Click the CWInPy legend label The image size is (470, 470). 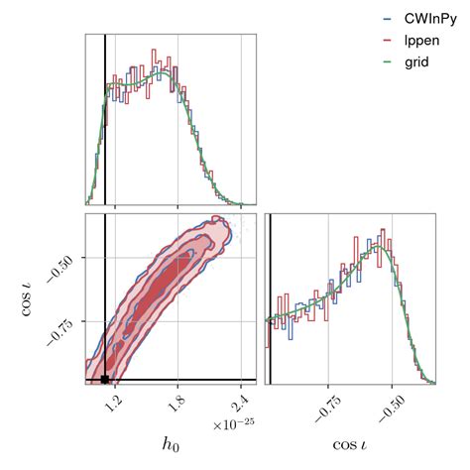(x=428, y=18)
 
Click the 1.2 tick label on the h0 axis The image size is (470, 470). (x=117, y=404)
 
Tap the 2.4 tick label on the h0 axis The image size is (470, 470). (x=239, y=404)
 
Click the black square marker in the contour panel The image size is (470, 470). (x=105, y=379)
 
